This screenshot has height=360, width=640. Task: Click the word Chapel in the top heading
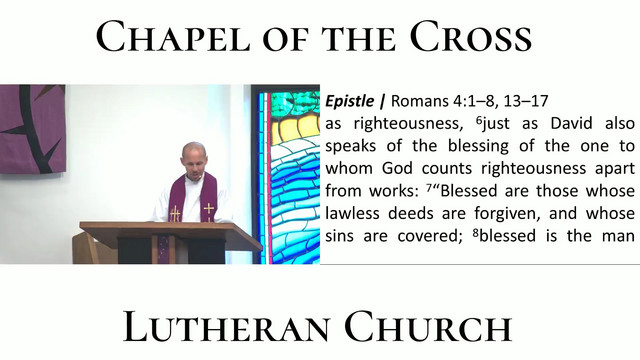[x=173, y=36]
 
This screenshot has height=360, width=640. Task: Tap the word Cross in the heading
[x=471, y=36]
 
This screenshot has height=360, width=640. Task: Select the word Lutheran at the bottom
[x=226, y=327]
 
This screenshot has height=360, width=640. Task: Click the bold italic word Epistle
[x=349, y=101]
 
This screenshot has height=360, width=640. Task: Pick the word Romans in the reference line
[x=420, y=101]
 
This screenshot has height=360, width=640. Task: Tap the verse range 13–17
[x=526, y=101]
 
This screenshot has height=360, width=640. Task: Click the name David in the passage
[x=571, y=123]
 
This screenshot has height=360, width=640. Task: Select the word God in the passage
[x=397, y=168]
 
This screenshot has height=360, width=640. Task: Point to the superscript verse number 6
[x=479, y=120]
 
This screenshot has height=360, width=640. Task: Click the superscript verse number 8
[x=476, y=232]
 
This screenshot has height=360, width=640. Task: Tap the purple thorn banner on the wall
[x=32, y=129]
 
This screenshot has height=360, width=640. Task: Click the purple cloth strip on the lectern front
[x=164, y=250]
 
